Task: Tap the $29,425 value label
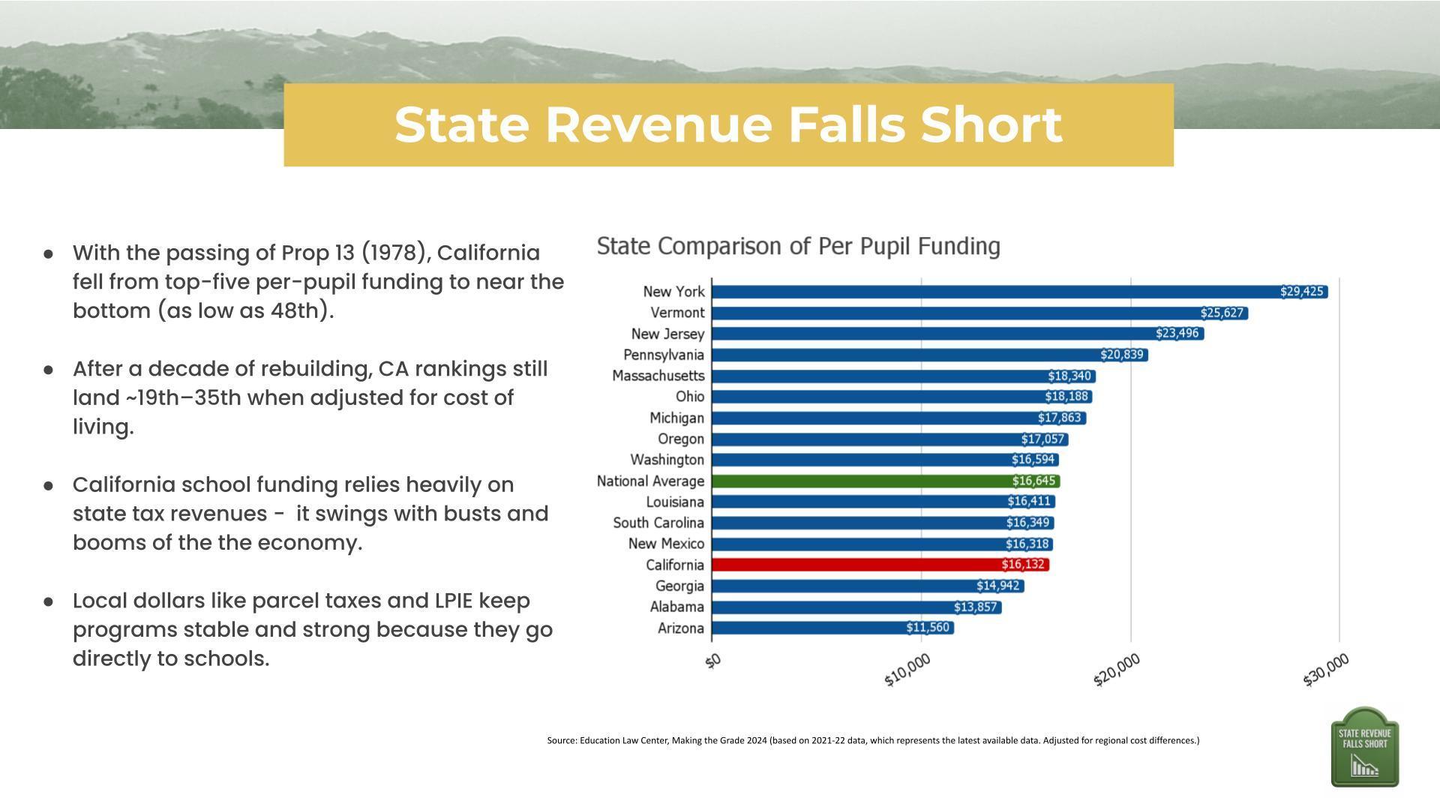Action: (1301, 292)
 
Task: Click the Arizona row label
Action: (680, 628)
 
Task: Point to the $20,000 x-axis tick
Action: (1117, 669)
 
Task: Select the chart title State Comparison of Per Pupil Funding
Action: (798, 246)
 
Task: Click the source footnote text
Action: (873, 740)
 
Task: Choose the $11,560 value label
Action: (928, 628)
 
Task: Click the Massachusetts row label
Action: (658, 376)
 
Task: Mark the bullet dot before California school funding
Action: (49, 485)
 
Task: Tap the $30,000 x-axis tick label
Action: (1325, 669)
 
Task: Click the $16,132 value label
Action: (1022, 565)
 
